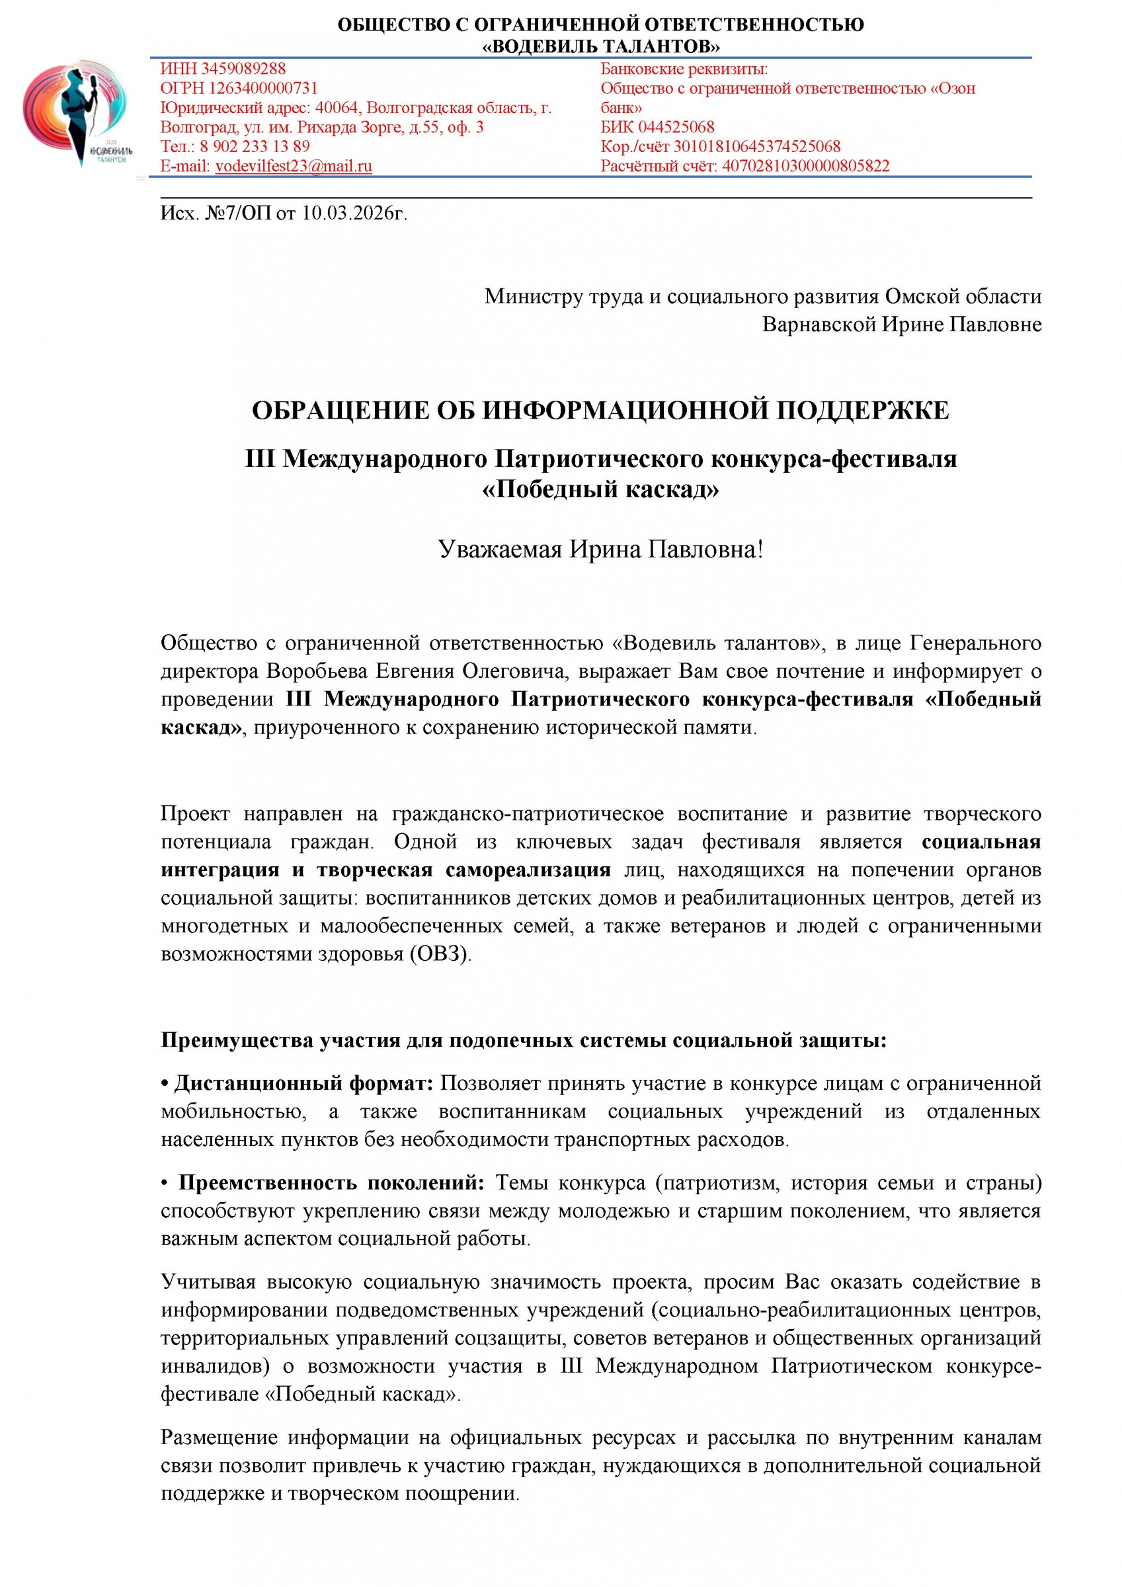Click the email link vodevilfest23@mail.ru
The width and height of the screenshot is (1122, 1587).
coord(294,166)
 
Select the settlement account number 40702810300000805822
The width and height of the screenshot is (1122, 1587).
coord(805,166)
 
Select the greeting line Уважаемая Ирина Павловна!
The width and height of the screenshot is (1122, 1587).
coord(601,550)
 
